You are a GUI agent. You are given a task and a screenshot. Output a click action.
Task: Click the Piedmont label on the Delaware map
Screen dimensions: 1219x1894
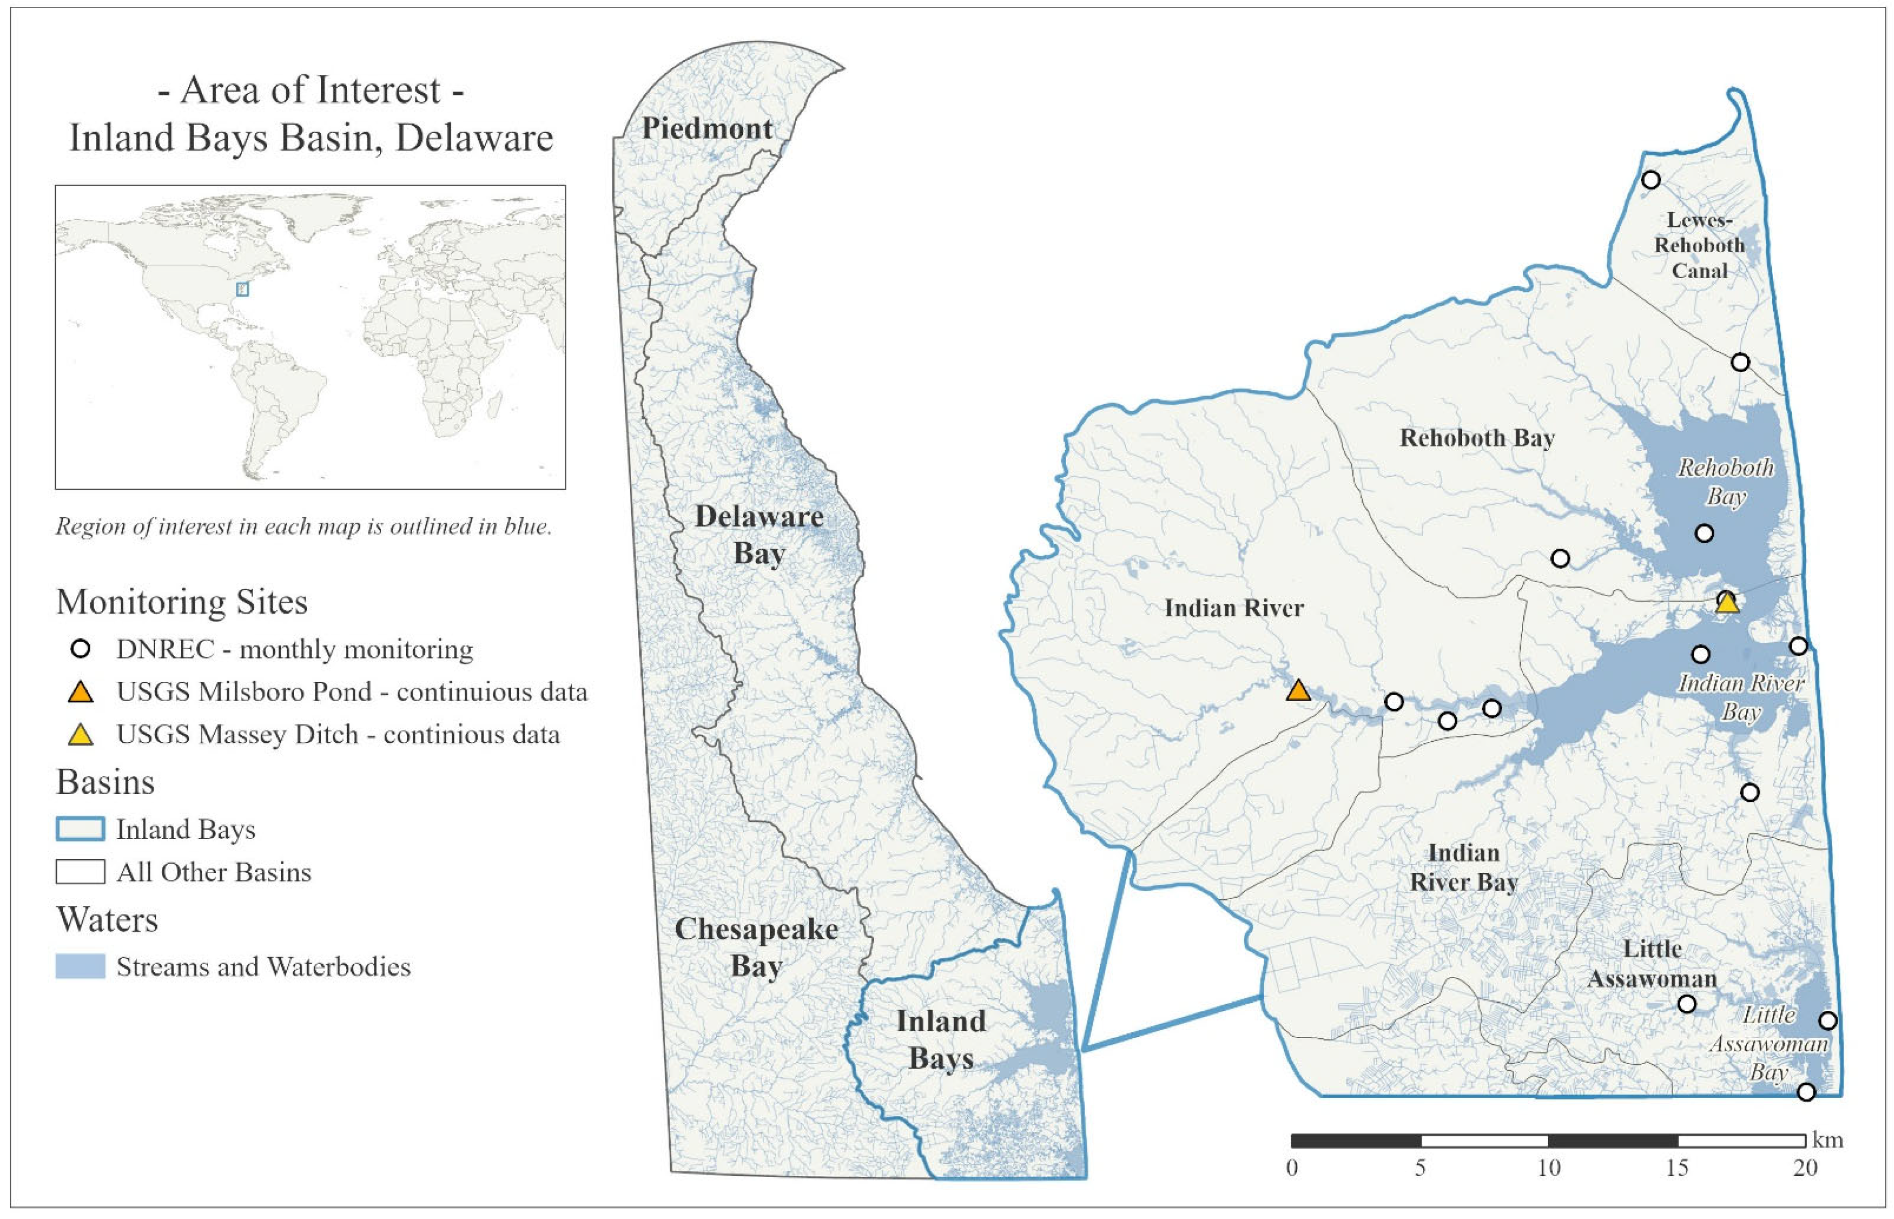707,128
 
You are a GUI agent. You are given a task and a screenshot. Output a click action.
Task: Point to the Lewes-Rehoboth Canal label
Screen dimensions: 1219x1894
1700,245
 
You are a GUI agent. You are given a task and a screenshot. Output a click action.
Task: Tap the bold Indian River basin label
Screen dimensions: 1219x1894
1234,608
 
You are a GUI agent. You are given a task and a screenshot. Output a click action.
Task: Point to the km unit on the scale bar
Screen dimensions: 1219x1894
1828,1140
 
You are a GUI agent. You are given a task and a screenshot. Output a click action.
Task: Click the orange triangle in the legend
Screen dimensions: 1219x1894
81,692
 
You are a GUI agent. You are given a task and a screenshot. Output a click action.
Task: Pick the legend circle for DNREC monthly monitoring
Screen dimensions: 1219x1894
81,649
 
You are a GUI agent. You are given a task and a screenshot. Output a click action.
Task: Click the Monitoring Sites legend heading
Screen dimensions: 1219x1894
182,602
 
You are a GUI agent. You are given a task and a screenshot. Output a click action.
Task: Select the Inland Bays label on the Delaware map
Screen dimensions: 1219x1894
941,1040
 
